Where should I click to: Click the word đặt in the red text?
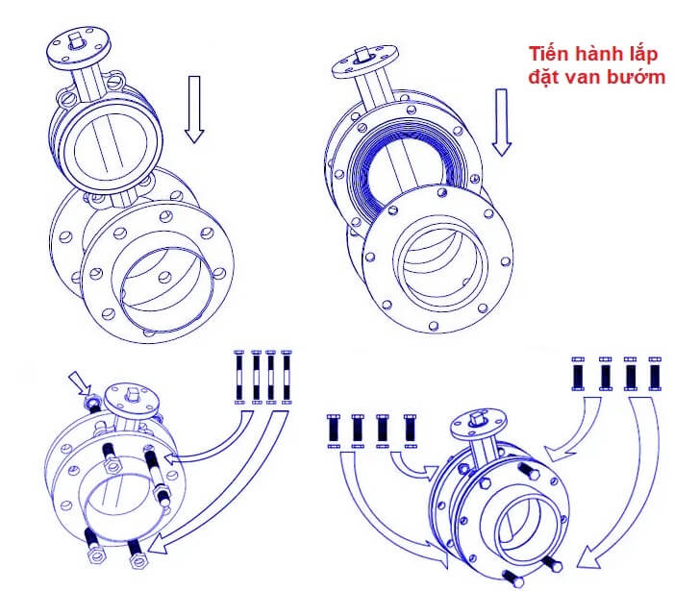[x=546, y=77]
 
